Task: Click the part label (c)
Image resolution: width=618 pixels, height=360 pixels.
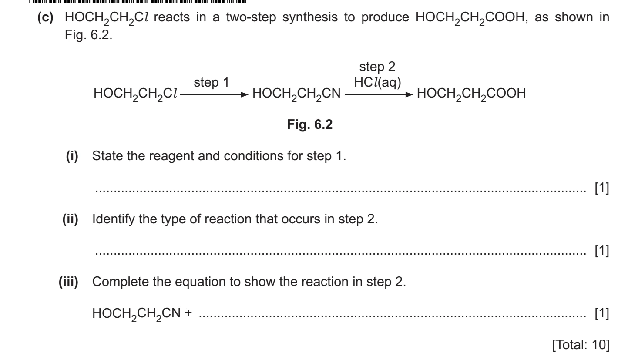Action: coord(46,17)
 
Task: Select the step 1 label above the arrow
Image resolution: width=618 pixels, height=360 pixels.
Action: coord(212,82)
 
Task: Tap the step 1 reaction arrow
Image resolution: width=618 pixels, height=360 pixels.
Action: coord(215,94)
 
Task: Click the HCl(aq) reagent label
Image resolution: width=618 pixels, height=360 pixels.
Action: coord(377,82)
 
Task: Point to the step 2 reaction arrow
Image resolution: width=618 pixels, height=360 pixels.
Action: coord(379,94)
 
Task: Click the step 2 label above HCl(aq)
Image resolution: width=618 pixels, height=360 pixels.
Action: coord(377,67)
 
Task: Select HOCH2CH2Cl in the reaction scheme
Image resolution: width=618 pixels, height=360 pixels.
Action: coord(135,94)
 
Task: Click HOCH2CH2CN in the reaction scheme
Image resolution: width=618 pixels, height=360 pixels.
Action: coord(296,94)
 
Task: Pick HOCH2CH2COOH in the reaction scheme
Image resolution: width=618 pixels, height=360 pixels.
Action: coord(471,94)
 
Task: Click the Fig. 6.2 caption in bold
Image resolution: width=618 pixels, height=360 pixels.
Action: coord(309,124)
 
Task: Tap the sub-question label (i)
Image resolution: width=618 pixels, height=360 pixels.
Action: coord(72,156)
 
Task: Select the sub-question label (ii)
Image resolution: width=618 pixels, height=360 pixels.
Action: coord(71,219)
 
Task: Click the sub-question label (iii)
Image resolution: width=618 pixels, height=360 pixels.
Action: coord(68,282)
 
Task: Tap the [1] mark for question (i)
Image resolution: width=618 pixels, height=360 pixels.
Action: coord(602,188)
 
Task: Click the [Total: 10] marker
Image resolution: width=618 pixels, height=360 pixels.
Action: coord(581,345)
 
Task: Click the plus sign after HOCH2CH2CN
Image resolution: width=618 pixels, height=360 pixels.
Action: coord(188,313)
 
